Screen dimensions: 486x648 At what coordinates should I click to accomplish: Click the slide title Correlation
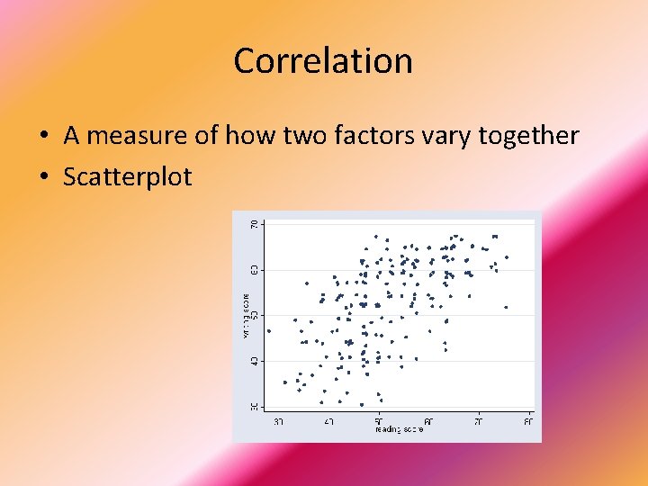tap(323, 61)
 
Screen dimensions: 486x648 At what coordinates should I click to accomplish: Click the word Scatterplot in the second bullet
tap(127, 176)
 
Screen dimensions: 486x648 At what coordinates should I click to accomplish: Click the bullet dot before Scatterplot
tap(43, 177)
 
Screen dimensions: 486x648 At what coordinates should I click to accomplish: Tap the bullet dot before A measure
tap(43, 137)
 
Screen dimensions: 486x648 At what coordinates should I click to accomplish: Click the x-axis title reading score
tap(399, 429)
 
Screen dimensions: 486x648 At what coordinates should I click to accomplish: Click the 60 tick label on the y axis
tap(255, 268)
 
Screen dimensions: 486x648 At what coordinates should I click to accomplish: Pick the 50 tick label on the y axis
tap(255, 315)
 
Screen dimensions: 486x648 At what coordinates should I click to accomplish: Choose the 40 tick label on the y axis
tap(255, 361)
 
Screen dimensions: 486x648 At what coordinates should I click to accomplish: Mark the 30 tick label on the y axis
tap(255, 407)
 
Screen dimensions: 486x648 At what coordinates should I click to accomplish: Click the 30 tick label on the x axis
tap(279, 420)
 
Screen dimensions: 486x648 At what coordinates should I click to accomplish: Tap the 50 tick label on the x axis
tap(379, 420)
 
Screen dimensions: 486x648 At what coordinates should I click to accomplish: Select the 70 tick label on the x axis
tap(479, 420)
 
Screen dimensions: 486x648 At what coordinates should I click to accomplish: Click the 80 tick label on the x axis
tap(528, 420)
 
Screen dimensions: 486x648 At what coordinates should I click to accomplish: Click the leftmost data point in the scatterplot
tap(268, 330)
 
